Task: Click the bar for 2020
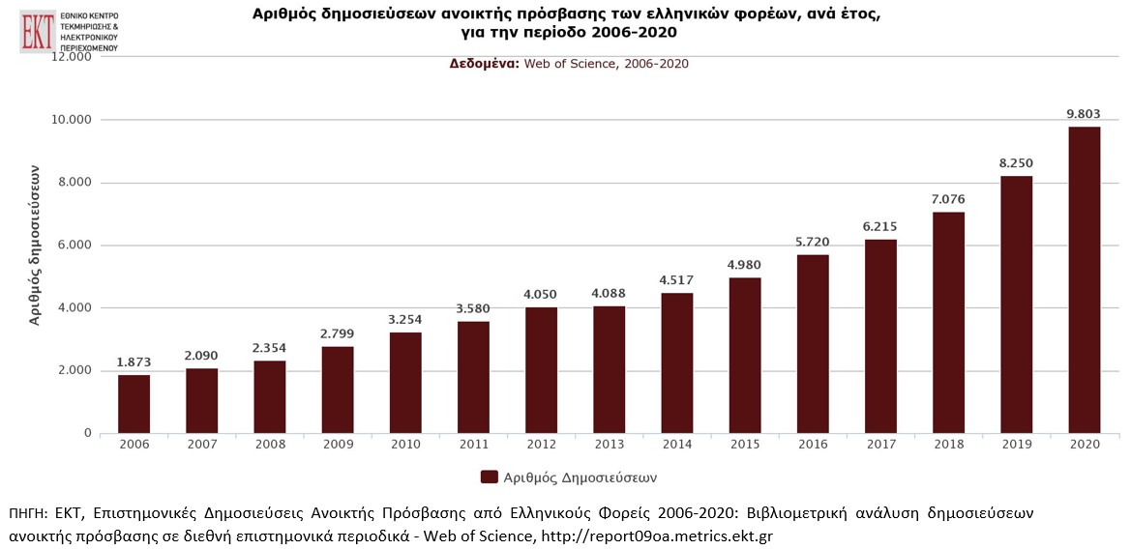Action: pos(1084,280)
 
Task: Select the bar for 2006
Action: pos(134,404)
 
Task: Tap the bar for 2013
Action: pos(609,369)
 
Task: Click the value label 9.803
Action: pos(1084,114)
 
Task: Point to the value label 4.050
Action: pos(541,294)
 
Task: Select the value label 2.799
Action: pos(338,333)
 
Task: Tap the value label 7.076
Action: pos(948,199)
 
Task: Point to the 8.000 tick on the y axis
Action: pos(70,183)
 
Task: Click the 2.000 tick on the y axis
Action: pos(70,371)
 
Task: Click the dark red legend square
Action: pos(489,477)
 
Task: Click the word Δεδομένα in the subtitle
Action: pos(484,64)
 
